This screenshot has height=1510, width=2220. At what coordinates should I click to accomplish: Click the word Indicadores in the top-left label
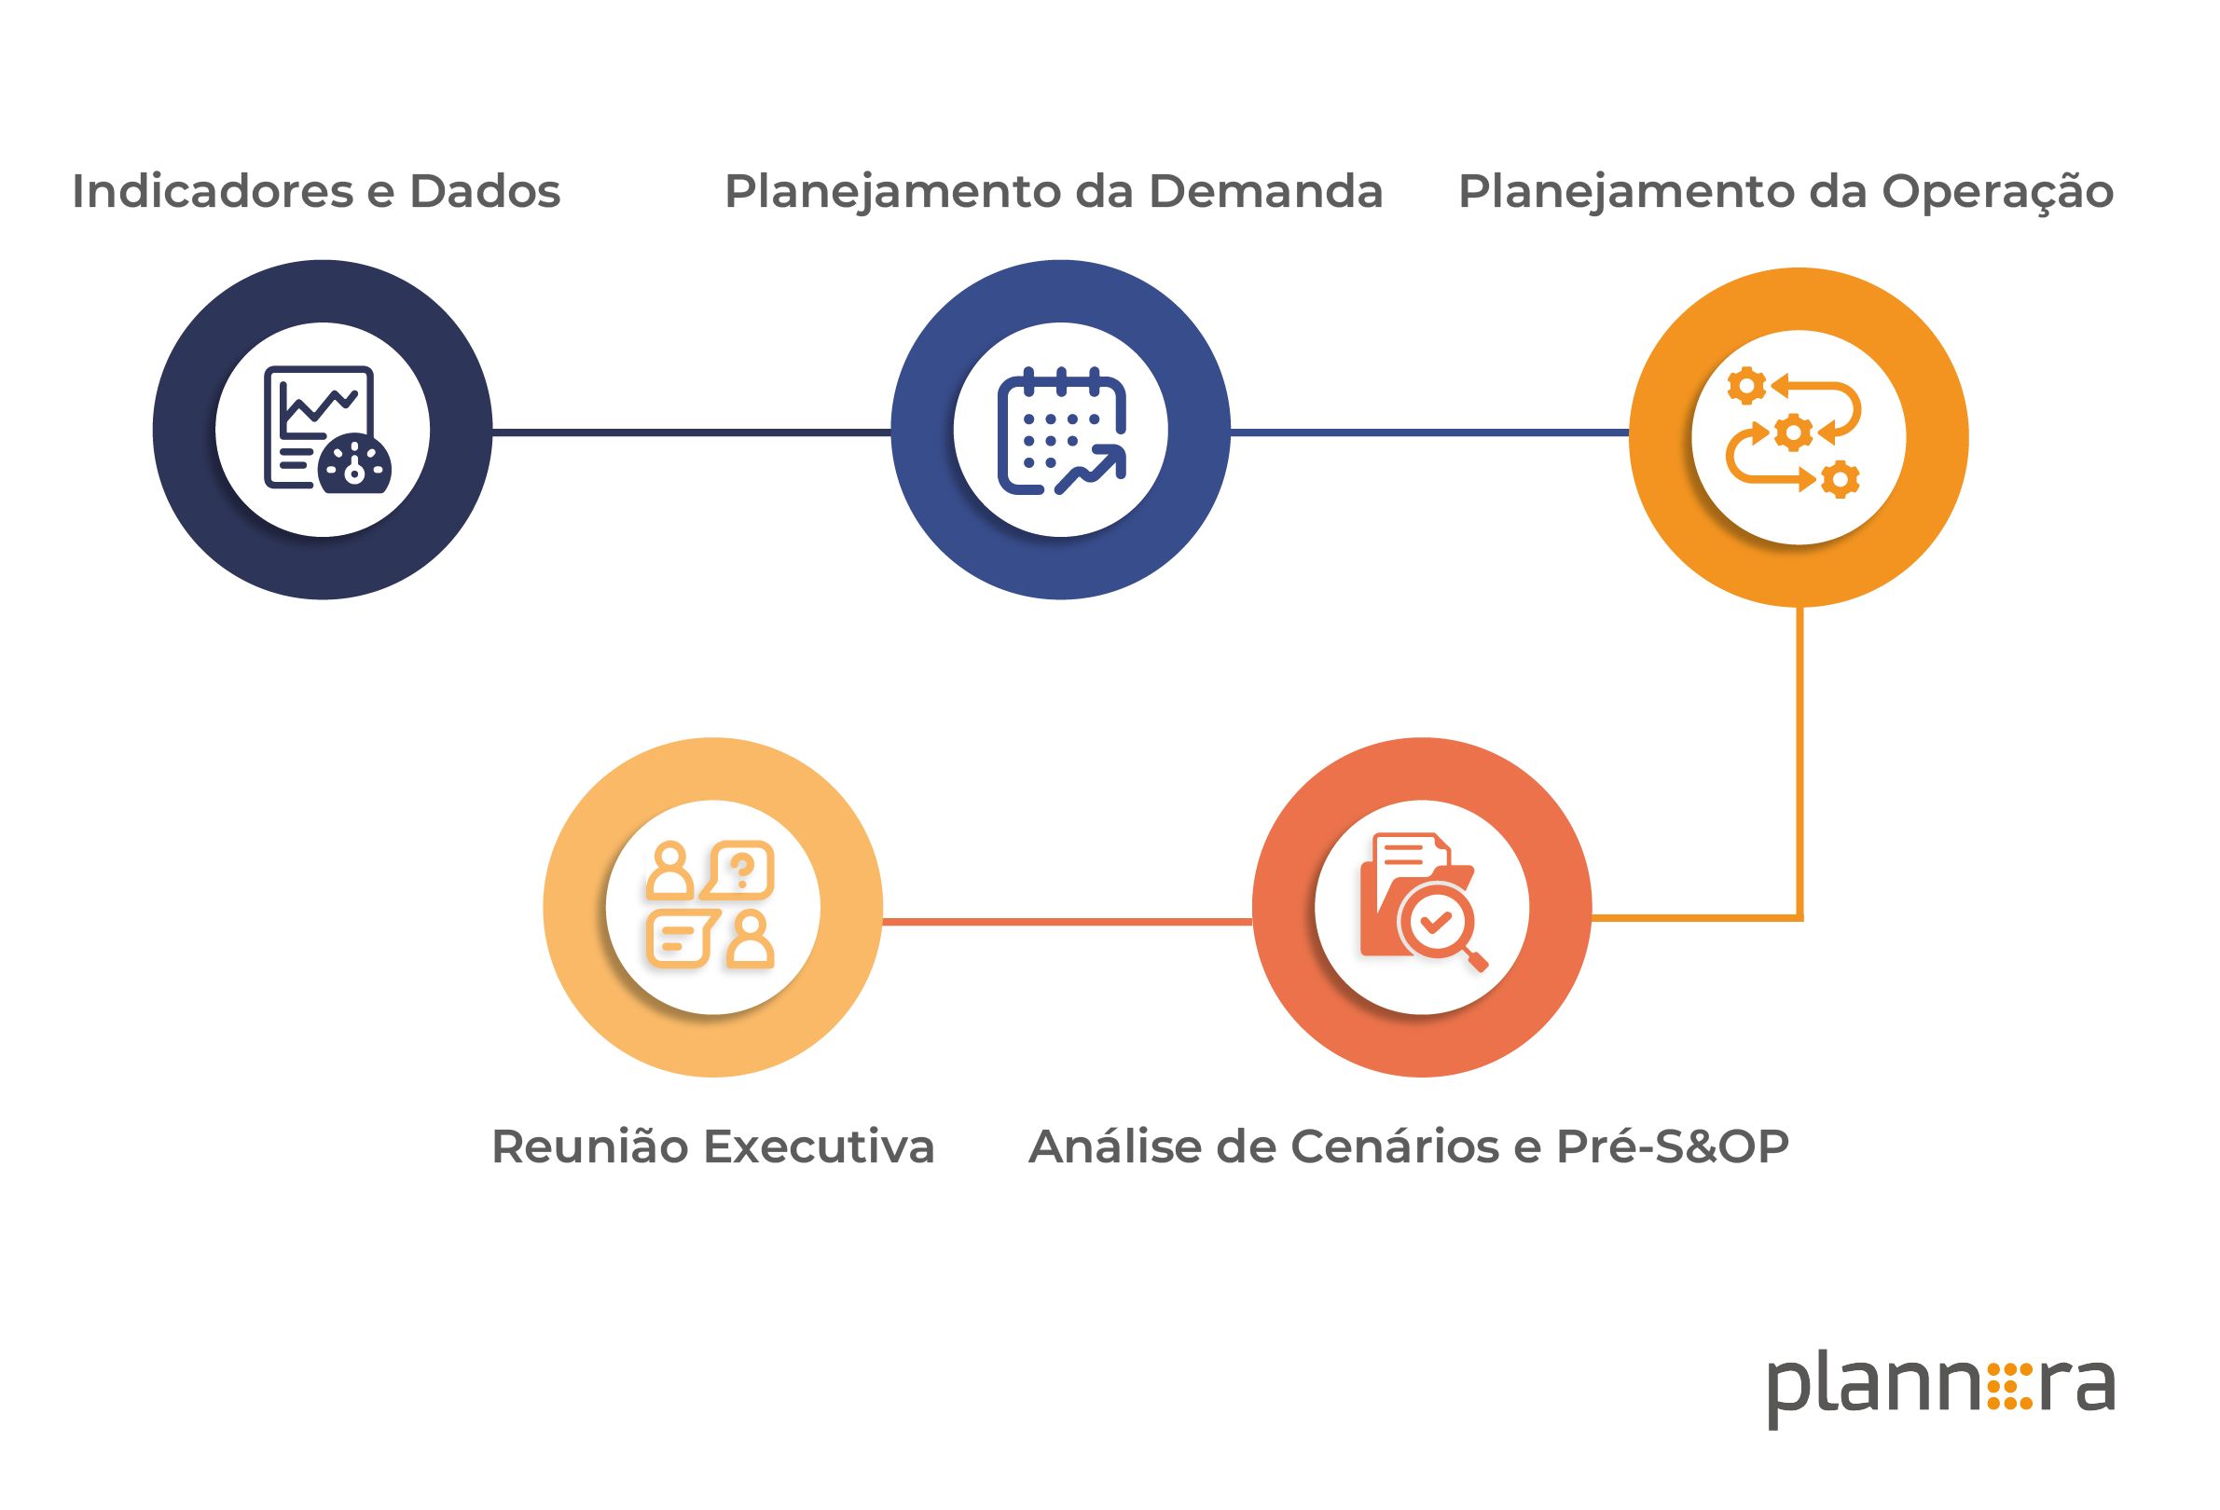click(212, 191)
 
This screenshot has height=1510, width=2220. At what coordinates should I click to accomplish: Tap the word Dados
click(485, 191)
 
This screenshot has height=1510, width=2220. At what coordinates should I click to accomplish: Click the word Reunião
click(589, 1146)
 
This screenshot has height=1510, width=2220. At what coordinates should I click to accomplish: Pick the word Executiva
click(819, 1146)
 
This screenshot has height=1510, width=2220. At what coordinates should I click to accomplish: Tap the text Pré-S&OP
click(1672, 1146)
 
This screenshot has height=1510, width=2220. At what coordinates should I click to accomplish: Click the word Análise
click(1104, 1146)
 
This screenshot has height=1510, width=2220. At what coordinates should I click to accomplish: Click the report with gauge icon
click(326, 430)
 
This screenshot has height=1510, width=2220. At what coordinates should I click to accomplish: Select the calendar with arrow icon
click(1061, 431)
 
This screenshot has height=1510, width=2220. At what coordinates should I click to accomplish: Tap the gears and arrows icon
click(1793, 432)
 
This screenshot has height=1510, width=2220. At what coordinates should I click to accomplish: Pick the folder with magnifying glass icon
click(1424, 901)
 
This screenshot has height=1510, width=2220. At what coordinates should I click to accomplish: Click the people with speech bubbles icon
click(710, 904)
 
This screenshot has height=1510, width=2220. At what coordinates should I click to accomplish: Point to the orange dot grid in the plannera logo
click(2010, 1386)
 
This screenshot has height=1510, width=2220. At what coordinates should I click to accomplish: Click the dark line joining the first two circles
click(692, 432)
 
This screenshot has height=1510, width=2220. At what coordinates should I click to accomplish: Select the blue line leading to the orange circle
click(1429, 432)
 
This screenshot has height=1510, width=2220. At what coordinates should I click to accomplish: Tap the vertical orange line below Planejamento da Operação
click(1799, 762)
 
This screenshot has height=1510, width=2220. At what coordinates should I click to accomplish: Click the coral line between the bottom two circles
click(1067, 922)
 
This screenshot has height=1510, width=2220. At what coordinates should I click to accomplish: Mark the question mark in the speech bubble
click(742, 870)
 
